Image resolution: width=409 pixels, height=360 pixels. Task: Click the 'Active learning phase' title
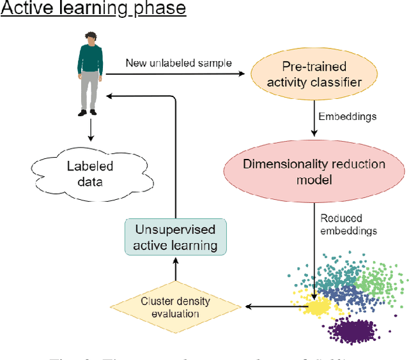(93, 9)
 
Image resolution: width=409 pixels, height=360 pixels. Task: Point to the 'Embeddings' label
(346, 117)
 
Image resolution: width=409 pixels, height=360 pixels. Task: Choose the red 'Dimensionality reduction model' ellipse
(314, 171)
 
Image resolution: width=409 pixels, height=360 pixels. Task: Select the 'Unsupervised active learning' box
(174, 236)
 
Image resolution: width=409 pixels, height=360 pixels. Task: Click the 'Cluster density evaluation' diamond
(176, 308)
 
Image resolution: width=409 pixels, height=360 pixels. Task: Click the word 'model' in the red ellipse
(314, 179)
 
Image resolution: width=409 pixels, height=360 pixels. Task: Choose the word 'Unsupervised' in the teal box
(174, 229)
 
